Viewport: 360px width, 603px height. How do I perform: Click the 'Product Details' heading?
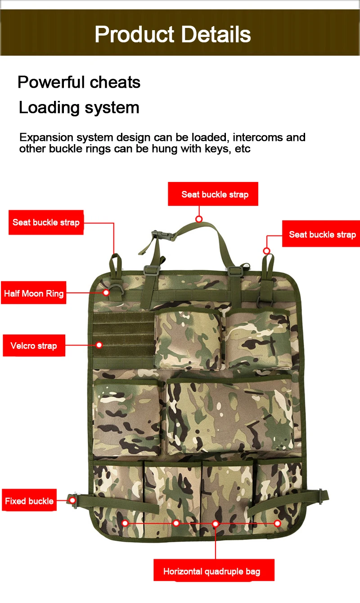(x=173, y=34)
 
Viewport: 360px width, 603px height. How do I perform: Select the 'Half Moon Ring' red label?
(x=34, y=293)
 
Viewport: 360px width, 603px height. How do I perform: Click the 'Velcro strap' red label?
(x=34, y=345)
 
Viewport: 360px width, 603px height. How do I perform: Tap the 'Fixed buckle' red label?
(x=29, y=501)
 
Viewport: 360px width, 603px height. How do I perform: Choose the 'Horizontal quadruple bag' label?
(x=214, y=571)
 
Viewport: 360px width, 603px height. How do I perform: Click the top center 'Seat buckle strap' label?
(x=213, y=194)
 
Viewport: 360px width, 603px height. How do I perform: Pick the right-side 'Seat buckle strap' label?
(x=321, y=234)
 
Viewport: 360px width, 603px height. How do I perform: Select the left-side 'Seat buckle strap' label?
(x=46, y=222)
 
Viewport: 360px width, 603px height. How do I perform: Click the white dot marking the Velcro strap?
(x=99, y=345)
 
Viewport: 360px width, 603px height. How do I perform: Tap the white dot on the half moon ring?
(x=106, y=292)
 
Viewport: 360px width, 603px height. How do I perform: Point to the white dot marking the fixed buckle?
(x=72, y=500)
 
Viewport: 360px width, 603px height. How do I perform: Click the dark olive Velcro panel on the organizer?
(x=123, y=340)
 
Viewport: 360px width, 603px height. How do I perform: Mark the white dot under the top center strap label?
(x=199, y=219)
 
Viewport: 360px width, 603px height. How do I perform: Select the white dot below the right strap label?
(x=266, y=251)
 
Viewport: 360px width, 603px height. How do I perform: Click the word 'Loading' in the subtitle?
(x=49, y=108)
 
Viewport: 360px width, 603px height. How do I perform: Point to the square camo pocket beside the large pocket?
(x=127, y=417)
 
